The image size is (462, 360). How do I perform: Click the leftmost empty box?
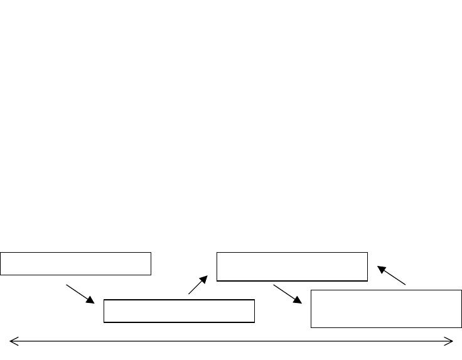click(75, 263)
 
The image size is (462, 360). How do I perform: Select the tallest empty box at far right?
click(386, 309)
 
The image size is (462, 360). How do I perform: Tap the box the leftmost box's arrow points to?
click(179, 311)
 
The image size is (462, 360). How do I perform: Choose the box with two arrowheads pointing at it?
click(292, 267)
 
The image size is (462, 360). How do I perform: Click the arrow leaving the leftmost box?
click(80, 294)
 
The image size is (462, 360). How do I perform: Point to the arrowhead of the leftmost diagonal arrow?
click(90, 300)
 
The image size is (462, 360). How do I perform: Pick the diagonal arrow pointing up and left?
click(392, 276)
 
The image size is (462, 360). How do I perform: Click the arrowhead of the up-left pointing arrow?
click(382, 270)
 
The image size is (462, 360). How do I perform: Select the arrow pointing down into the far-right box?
click(287, 294)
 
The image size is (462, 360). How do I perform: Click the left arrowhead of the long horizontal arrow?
click(12, 341)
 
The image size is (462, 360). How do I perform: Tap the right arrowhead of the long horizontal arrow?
click(450, 341)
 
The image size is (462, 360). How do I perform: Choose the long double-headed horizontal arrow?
click(231, 341)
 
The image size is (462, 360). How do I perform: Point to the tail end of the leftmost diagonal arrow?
click(67, 286)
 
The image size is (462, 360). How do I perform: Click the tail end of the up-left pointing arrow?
click(406, 285)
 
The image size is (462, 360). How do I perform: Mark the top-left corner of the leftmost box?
click(1, 253)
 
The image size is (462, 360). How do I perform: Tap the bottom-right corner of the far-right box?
click(461, 327)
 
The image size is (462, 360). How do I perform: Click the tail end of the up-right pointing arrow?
click(189, 294)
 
